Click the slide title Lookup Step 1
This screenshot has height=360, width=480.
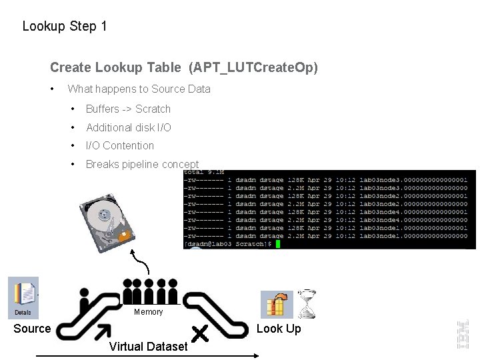pos(65,27)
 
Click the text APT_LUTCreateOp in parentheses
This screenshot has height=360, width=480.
pos(253,67)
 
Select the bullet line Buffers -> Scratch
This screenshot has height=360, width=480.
pos(128,109)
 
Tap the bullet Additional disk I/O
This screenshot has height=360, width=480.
pos(128,127)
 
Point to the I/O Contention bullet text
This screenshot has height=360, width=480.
pos(119,145)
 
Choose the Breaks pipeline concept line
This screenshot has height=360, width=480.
pos(142,164)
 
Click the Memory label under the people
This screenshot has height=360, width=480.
pos(148,312)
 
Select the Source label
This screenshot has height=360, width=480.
pos(32,329)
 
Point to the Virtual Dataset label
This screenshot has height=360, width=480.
pos(148,346)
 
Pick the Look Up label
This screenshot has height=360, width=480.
pos(279,329)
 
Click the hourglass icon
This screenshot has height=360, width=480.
pos(307,303)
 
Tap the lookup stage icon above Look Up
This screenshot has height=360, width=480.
pos(276,305)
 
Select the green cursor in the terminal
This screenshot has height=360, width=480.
pos(278,245)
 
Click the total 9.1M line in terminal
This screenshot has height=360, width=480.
pos(203,173)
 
